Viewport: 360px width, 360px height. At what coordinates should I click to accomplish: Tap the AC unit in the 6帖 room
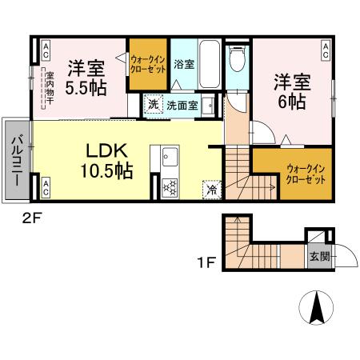point(326,50)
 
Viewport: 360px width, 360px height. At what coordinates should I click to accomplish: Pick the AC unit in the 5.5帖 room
point(46,50)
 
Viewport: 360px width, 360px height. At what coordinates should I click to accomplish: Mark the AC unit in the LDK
point(46,189)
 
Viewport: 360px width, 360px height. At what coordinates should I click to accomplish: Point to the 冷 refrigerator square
point(211,190)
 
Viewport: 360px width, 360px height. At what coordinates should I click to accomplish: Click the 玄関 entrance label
point(318,256)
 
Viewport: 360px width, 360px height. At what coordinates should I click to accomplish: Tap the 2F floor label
point(30,214)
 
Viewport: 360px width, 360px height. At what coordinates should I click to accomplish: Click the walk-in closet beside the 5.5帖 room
point(147,64)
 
